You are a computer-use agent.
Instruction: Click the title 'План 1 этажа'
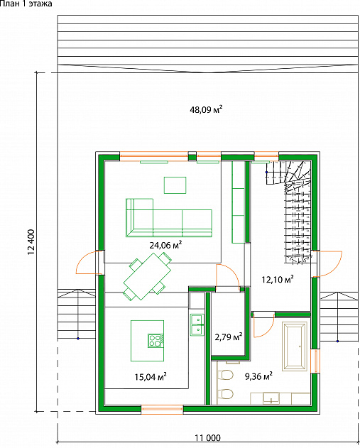(26, 4)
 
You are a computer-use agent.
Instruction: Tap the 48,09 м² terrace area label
(206, 109)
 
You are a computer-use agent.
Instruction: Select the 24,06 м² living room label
(165, 245)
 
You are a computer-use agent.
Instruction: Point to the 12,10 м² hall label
(278, 279)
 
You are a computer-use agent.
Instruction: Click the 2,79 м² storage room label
(229, 337)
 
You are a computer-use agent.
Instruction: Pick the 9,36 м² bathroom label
(258, 376)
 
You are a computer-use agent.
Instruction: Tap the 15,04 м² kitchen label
(151, 377)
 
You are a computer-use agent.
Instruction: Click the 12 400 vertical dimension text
(31, 242)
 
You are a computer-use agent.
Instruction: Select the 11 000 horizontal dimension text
(208, 438)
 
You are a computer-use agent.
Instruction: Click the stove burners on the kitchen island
(156, 341)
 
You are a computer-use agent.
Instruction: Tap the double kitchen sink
(197, 325)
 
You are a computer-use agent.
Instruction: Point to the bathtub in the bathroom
(295, 346)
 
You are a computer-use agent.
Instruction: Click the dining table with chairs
(148, 276)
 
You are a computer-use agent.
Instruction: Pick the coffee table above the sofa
(175, 185)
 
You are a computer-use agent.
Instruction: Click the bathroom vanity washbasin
(271, 398)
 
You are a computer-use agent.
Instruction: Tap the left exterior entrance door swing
(87, 262)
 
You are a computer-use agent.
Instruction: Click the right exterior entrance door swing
(329, 264)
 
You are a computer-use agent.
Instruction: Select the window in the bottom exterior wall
(163, 410)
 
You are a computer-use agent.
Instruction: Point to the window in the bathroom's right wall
(315, 361)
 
